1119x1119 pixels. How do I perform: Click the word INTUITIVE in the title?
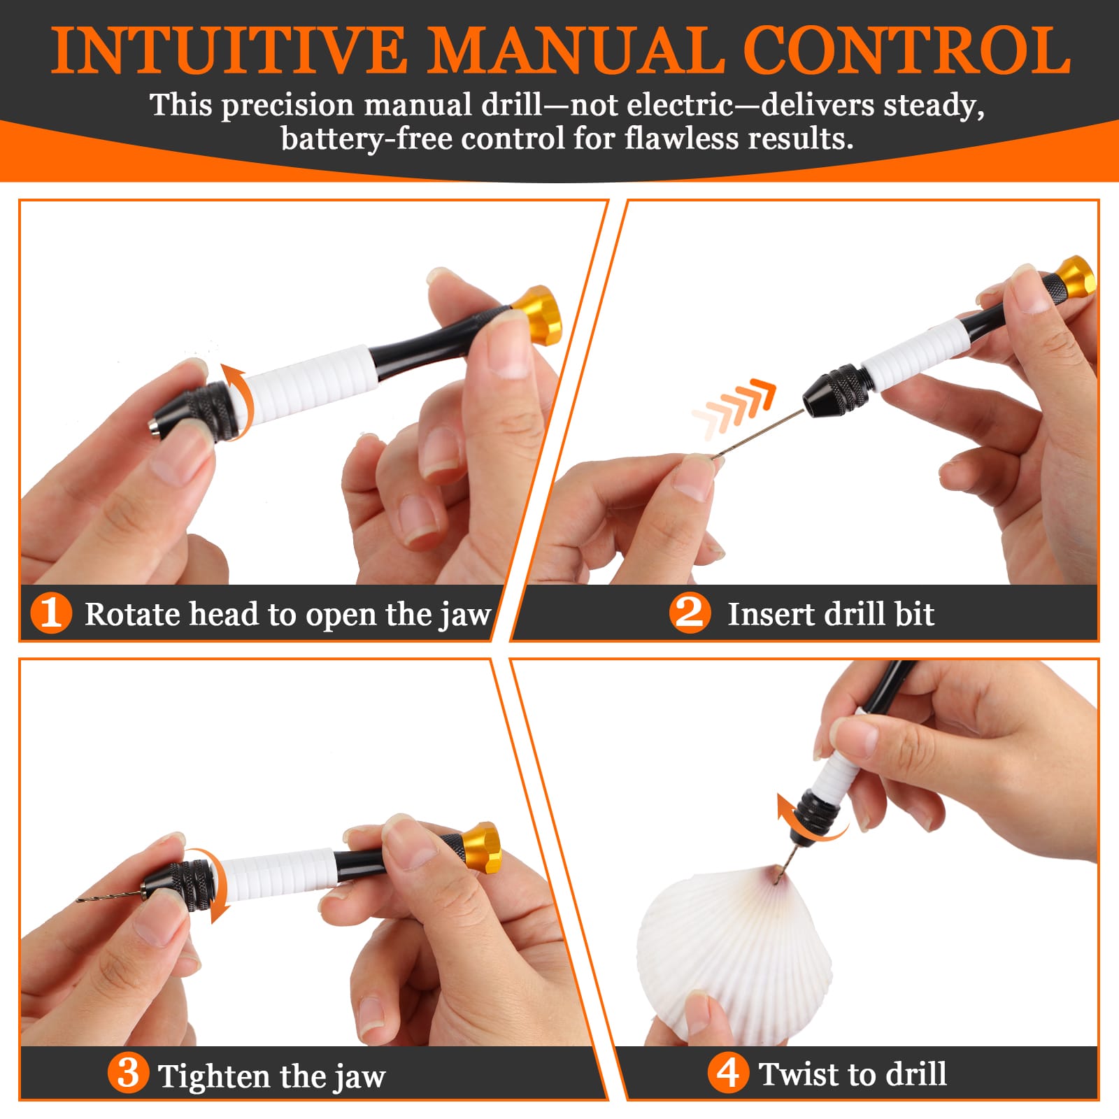pos(229,50)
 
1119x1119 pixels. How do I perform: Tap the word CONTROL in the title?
pos(906,50)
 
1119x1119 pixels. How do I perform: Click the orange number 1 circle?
pos(51,613)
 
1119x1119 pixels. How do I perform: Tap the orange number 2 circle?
pos(690,613)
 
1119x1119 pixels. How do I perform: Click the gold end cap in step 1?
pos(539,315)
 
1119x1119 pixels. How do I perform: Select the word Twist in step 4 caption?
pos(800,1074)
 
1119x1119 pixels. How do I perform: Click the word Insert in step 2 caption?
pos(771,614)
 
